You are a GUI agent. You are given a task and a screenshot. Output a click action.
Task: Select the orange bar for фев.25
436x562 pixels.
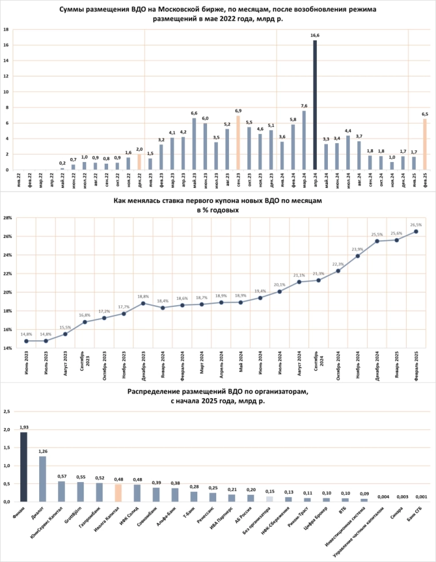coord(425,144)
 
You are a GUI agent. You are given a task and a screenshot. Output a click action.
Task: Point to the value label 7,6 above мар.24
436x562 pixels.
coord(304,106)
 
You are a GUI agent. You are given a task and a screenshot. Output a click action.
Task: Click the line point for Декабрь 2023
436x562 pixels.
coord(143,303)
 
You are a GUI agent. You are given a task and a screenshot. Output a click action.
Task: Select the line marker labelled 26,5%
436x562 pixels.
coord(416,232)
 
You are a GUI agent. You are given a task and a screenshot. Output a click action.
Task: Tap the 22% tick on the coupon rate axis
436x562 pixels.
coord(8,274)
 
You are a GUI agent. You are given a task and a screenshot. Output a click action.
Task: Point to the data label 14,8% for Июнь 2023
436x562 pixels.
coord(26,334)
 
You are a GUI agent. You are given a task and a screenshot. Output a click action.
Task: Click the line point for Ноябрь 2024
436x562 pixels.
coord(358,256)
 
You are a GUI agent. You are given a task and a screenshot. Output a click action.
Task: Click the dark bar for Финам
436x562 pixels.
coord(24,467)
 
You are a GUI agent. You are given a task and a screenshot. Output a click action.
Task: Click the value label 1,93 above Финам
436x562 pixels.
coord(24,428)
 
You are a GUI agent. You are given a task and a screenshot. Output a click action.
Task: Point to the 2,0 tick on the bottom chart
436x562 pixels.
coord(7,430)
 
